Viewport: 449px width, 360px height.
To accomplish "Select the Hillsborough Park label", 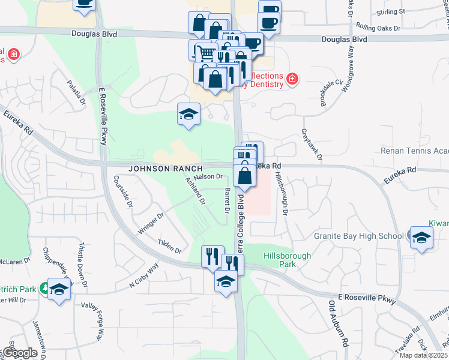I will point(288,260).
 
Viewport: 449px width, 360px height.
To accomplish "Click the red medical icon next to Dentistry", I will point(292,79).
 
